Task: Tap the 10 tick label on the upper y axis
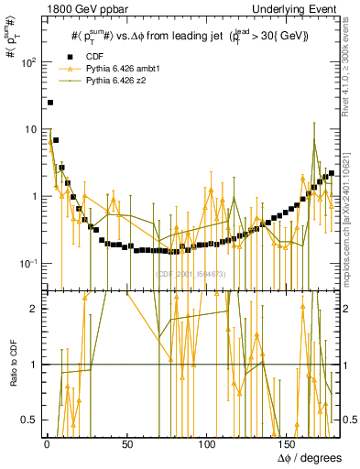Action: (30, 129)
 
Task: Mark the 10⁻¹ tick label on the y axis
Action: (29, 264)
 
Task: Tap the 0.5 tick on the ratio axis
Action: (31, 420)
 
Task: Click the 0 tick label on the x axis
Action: (46, 443)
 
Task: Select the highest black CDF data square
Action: (50, 103)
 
